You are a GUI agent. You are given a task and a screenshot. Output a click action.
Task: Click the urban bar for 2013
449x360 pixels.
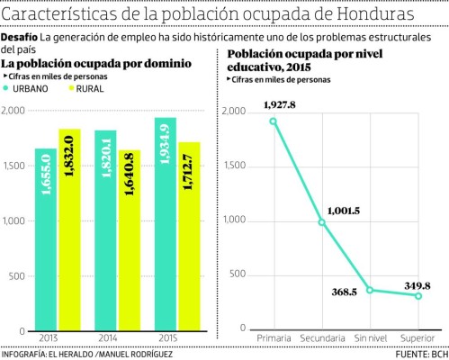(46, 238)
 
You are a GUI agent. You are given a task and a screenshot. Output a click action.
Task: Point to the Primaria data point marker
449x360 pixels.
(273, 121)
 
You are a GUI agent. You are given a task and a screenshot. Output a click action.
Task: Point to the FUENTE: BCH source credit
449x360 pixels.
(419, 353)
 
